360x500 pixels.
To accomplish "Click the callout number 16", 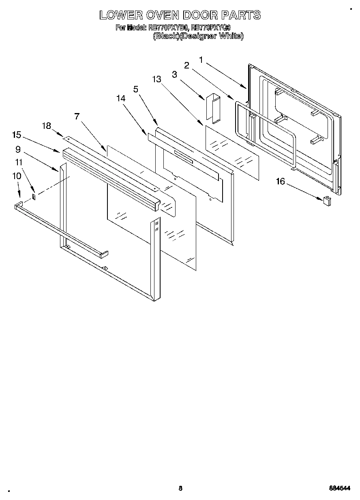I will click(x=281, y=182).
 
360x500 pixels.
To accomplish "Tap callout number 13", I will click(x=157, y=79).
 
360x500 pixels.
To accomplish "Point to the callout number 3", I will click(x=174, y=74).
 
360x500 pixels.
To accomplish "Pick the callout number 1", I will click(x=201, y=60).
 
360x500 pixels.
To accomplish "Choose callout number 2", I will click(x=187, y=66).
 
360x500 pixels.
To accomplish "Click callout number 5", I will click(x=136, y=90).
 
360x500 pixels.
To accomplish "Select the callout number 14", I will click(x=120, y=98).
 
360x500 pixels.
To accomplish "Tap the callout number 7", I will click(x=77, y=116).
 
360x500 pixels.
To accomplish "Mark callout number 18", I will click(x=47, y=126).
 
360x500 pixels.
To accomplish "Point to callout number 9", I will click(x=18, y=149).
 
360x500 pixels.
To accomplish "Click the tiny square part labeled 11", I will click(x=34, y=197).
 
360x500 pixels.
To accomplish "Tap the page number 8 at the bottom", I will click(x=180, y=488).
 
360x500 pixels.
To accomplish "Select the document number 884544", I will click(x=340, y=489).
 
